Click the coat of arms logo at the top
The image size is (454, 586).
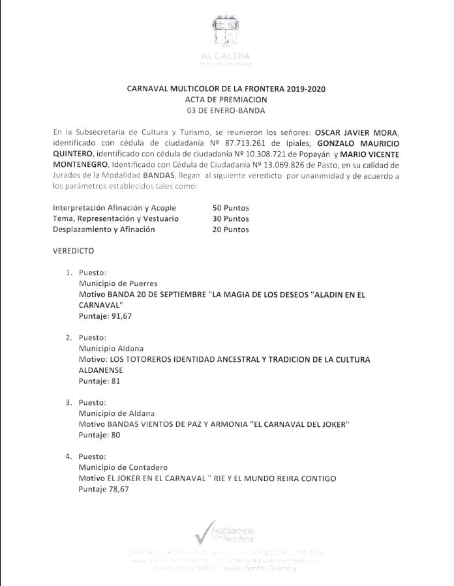[x=226, y=33]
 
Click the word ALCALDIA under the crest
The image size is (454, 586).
[x=226, y=57]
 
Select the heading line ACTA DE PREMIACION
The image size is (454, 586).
[x=226, y=99]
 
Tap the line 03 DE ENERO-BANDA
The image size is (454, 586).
[x=226, y=110]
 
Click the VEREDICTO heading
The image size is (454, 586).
[x=74, y=251]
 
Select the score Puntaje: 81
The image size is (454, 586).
[x=99, y=381]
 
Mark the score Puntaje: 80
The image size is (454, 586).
[x=99, y=435]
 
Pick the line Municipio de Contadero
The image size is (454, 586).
[x=123, y=467]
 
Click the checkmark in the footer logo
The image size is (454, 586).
[x=206, y=531]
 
